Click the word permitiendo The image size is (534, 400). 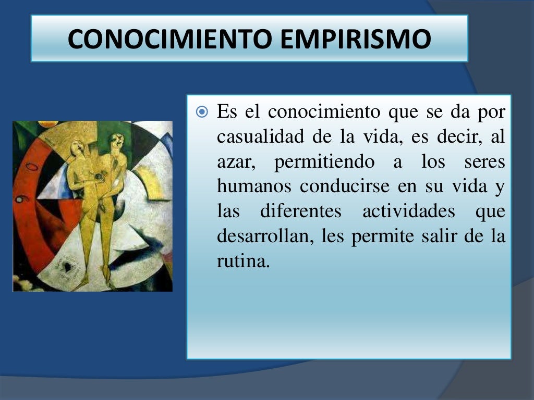324,162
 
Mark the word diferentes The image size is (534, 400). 300,212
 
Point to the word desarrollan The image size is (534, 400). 264,237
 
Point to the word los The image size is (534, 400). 432,162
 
